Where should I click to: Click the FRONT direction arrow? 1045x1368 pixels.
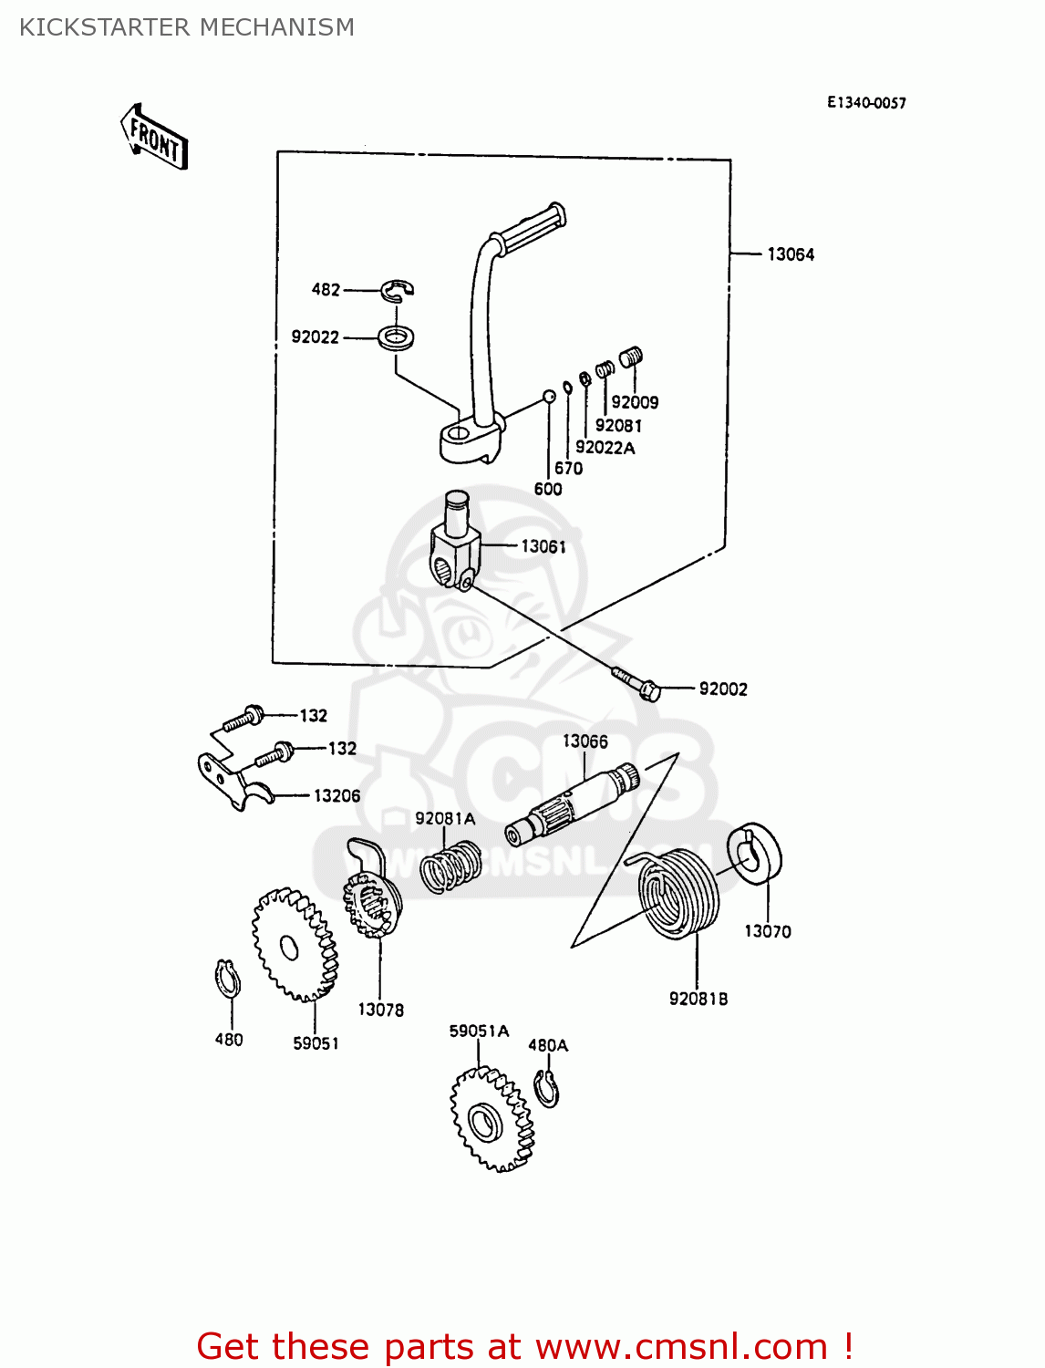pyautogui.click(x=154, y=138)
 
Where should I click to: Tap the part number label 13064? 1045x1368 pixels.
pyautogui.click(x=790, y=254)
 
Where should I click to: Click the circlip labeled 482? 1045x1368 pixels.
pyautogui.click(x=397, y=290)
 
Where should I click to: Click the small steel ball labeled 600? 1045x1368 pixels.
pyautogui.click(x=549, y=396)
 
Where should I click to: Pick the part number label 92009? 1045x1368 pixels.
pyautogui.click(x=634, y=402)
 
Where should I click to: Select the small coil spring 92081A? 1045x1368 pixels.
pyautogui.click(x=450, y=866)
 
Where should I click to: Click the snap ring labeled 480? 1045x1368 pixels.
pyautogui.click(x=228, y=980)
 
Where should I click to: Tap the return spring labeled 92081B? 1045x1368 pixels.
pyautogui.click(x=679, y=894)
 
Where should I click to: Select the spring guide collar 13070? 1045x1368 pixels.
pyautogui.click(x=754, y=854)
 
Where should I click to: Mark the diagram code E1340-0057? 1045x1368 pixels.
pyautogui.click(x=866, y=103)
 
